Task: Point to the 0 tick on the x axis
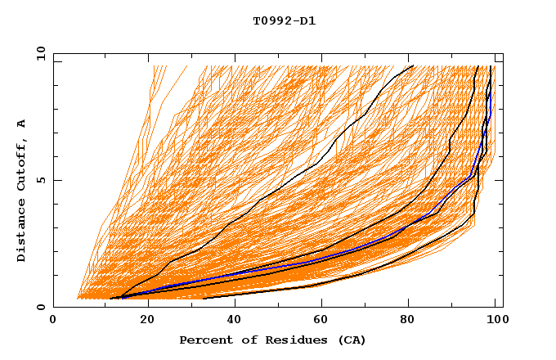54,321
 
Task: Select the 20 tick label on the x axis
147,321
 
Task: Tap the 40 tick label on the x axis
236,321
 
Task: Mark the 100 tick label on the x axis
496,321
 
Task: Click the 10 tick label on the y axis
40,53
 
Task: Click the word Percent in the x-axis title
204,340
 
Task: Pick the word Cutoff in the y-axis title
22,167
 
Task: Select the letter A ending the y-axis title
22,124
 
